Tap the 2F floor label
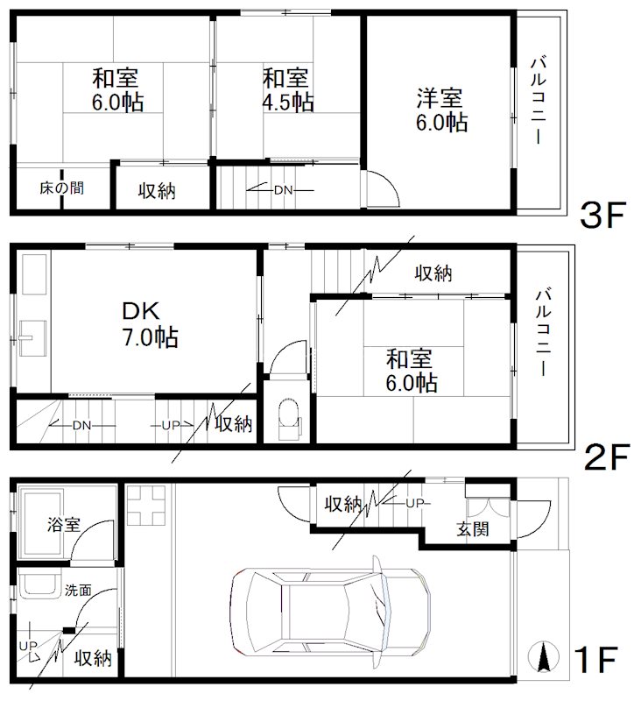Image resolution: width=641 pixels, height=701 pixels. [x=606, y=457]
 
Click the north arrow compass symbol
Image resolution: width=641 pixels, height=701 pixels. [x=543, y=656]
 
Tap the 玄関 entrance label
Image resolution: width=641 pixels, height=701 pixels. [x=473, y=529]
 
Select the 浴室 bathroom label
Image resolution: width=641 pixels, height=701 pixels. [x=63, y=524]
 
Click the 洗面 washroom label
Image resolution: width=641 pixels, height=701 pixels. [x=78, y=590]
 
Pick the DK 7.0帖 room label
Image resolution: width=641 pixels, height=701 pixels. [x=150, y=324]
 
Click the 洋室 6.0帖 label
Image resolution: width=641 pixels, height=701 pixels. [x=441, y=110]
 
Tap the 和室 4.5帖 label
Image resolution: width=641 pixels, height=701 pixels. [x=288, y=90]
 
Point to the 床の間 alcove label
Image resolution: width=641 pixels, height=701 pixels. [x=61, y=188]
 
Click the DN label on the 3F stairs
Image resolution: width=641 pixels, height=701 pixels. [x=283, y=190]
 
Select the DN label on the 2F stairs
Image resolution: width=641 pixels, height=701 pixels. [x=81, y=425]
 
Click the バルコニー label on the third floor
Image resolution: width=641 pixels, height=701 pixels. [x=539, y=100]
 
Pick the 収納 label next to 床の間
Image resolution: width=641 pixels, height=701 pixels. [x=157, y=191]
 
